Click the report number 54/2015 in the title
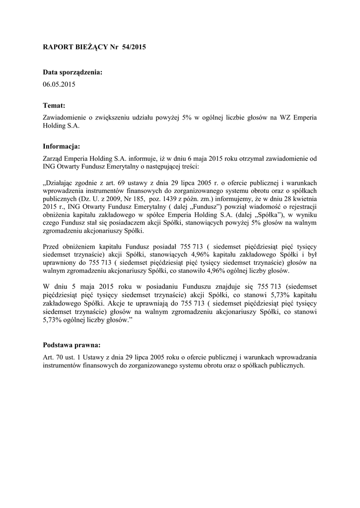[134, 47]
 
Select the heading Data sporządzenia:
[73, 72]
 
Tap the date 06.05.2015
[59, 84]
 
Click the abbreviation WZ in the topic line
[286, 118]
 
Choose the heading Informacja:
[62, 146]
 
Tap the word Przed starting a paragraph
[52, 247]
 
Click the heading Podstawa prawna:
[72, 345]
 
